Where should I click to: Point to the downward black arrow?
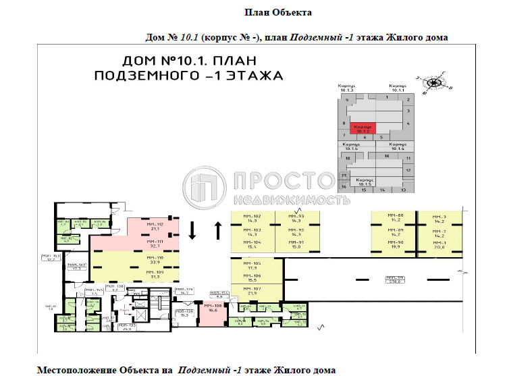click(x=192, y=230)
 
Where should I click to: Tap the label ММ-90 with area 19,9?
click(x=396, y=244)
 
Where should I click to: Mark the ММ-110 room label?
click(x=157, y=260)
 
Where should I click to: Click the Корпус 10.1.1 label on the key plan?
click(x=397, y=88)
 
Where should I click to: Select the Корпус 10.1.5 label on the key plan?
click(x=365, y=182)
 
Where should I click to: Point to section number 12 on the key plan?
click(x=408, y=171)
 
